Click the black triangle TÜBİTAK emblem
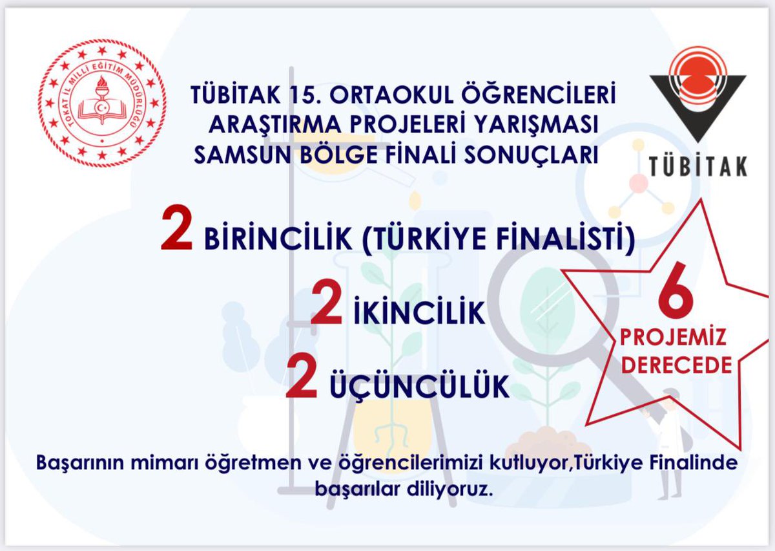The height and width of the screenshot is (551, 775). click(x=698, y=97)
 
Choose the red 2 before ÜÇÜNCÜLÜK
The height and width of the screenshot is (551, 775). click(x=301, y=382)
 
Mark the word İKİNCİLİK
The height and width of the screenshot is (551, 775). click(x=419, y=314)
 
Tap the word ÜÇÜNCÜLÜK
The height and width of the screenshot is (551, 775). click(x=419, y=387)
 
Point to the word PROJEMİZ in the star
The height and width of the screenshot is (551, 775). click(x=674, y=338)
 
